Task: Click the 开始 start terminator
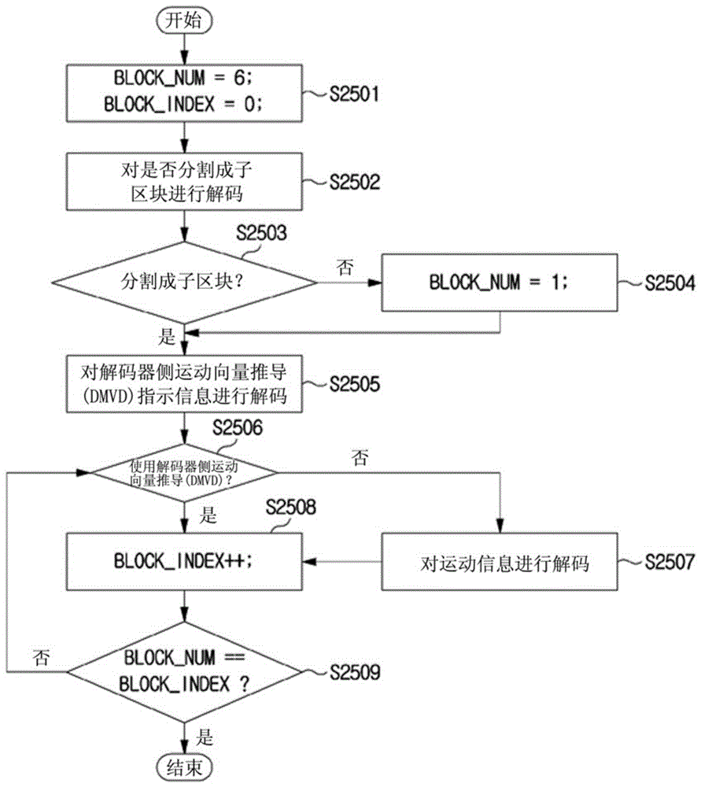pos(184,21)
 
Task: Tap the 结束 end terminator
pos(184,767)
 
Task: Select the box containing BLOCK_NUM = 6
pos(184,93)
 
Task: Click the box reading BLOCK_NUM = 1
pos(500,283)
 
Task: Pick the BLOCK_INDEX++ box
pos(184,561)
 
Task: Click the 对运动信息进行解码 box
pos(500,561)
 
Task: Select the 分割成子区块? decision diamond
pos(184,283)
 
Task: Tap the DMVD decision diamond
pos(184,473)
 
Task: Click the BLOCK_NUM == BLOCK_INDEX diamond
pos(184,671)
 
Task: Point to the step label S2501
pos(354,94)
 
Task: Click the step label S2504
pos(670,283)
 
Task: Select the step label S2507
pos(670,562)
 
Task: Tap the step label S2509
pos(354,672)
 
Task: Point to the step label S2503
pos(261,233)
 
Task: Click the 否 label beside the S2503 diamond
pos(345,267)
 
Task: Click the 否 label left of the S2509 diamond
pos(41,657)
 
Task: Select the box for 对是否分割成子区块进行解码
pos(184,181)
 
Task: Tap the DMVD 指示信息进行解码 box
pos(184,384)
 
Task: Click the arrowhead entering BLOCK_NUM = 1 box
pos(374,283)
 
